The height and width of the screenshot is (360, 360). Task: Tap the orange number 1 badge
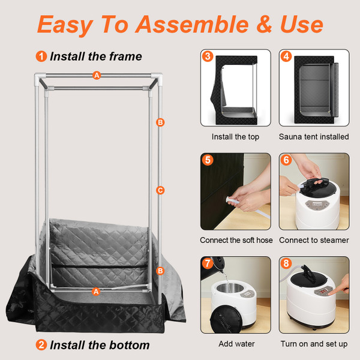coord(41,57)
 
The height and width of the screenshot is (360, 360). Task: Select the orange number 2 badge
coord(41,345)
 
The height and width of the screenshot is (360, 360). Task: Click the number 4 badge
coord(287,57)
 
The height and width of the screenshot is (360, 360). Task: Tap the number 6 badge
coord(287,160)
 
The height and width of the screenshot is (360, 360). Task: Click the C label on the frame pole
coord(160,190)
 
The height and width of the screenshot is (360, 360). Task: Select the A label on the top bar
coord(97,76)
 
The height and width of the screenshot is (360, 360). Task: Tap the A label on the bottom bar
coord(95,291)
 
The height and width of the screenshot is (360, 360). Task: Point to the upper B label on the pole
coord(160,122)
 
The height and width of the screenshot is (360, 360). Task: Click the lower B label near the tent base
coord(160,271)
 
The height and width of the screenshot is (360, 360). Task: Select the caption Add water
coord(236,344)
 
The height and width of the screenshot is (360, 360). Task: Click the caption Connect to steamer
coord(314,240)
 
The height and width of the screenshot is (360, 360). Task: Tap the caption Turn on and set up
coord(314,344)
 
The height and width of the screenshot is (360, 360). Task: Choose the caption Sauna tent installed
coord(314,137)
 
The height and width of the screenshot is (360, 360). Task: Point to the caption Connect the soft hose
coord(236,240)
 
